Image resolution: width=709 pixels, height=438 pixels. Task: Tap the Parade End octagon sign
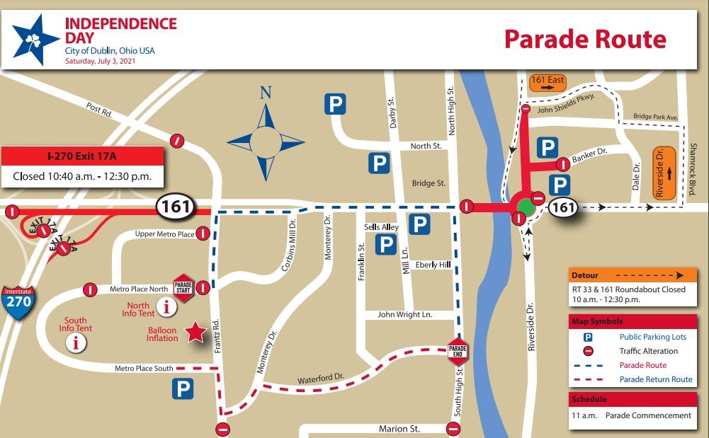[458, 352]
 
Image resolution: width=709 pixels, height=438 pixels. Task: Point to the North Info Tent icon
[167, 306]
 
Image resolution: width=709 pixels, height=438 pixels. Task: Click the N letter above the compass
[266, 93]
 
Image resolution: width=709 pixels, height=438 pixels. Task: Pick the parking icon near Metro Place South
[182, 388]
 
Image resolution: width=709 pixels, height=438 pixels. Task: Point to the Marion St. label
[399, 429]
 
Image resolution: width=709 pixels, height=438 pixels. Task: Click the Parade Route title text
[584, 39]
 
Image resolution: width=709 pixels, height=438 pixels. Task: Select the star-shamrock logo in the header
[35, 39]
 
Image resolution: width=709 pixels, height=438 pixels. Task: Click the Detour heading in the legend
[585, 275]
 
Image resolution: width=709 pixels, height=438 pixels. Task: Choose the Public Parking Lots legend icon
[588, 338]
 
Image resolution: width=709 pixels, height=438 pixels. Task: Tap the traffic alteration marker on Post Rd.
[178, 140]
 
